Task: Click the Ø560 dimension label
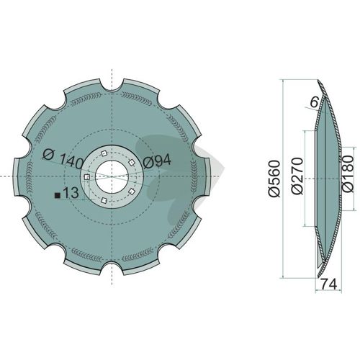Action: click(274, 179)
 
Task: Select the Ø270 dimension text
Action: click(297, 176)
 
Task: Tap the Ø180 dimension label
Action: click(348, 174)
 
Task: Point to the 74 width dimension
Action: click(329, 284)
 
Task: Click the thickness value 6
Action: click(314, 102)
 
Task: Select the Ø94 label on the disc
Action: click(157, 161)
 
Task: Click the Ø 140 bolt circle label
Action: click(63, 158)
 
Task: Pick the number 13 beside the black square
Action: click(71, 193)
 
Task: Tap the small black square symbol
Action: click(58, 196)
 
